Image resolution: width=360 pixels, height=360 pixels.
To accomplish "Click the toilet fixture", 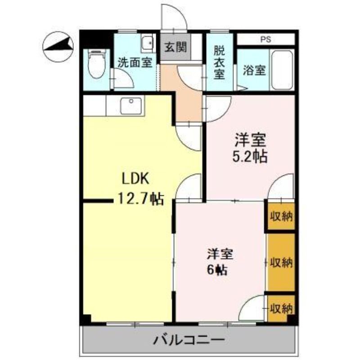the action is click(x=97, y=63).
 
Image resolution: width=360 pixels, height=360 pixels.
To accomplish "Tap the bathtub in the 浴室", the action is click(x=282, y=70).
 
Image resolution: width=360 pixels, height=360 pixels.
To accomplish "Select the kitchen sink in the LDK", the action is click(x=131, y=106).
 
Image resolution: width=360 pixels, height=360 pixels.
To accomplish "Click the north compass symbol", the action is click(x=58, y=47).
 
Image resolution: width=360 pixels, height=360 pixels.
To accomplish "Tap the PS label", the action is click(x=265, y=40).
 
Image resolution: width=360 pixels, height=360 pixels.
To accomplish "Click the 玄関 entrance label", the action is click(x=175, y=47).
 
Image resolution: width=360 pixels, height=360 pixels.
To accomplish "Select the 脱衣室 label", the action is click(x=219, y=62).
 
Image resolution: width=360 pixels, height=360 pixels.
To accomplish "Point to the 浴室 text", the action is click(x=254, y=70).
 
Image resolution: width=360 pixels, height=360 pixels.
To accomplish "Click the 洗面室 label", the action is click(x=135, y=63).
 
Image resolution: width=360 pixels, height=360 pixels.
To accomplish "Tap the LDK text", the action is click(x=135, y=179).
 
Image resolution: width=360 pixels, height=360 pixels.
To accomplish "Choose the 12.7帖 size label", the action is click(x=141, y=199).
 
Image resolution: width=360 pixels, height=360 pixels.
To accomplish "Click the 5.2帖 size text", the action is click(x=250, y=157).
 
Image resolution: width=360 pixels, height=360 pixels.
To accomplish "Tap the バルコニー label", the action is click(x=189, y=340).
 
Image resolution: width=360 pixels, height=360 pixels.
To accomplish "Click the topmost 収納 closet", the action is click(x=281, y=216).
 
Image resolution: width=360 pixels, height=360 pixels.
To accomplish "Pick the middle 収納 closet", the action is click(x=281, y=262).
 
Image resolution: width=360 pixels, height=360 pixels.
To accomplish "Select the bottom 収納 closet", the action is click(x=281, y=308).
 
